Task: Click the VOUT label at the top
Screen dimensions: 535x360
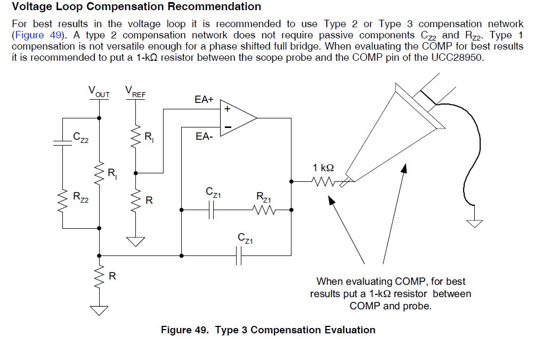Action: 99,92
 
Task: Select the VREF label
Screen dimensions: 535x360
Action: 135,92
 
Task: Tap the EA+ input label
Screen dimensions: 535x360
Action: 204,99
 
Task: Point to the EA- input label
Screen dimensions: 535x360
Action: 204,137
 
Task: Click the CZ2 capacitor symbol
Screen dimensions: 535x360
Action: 62,143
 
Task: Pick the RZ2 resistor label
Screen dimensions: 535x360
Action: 80,197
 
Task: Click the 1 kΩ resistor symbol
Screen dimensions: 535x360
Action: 324,182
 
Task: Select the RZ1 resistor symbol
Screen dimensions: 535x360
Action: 264,210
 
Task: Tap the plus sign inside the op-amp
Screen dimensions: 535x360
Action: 227,109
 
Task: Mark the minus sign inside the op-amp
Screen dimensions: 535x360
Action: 228,127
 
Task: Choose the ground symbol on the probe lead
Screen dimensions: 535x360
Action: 475,223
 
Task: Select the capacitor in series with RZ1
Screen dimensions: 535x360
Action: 211,210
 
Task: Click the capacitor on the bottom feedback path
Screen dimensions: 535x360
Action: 239,255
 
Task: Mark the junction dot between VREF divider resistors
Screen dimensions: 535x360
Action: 135,173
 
